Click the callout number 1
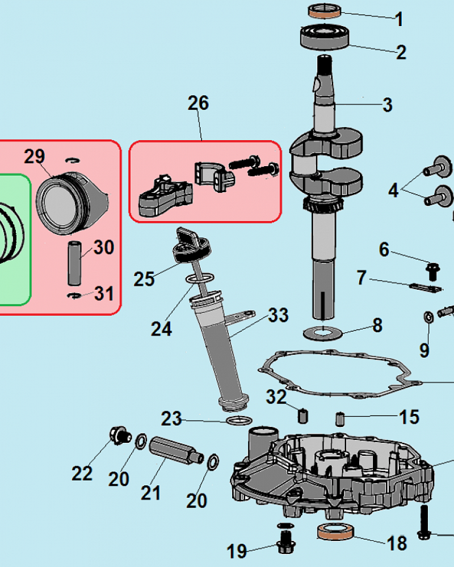(399, 19)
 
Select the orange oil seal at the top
(325, 11)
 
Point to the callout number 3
(387, 105)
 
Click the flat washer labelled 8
(322, 332)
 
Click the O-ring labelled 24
(200, 278)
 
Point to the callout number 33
(278, 315)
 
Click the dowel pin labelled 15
(340, 419)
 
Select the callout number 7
(362, 278)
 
